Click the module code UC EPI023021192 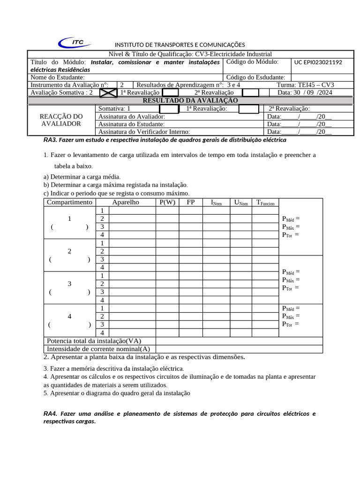pyautogui.click(x=318, y=62)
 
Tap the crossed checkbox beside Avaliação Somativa pyautogui.click(x=108, y=92)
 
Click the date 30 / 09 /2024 pyautogui.click(x=305, y=93)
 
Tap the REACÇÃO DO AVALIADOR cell pyautogui.click(x=61, y=120)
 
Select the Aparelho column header pyautogui.click(x=126, y=202)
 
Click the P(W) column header pyautogui.click(x=167, y=202)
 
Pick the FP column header pyautogui.click(x=191, y=202)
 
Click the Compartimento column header pyautogui.click(x=69, y=202)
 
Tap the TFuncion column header pyautogui.click(x=265, y=202)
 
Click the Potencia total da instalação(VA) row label pyautogui.click(x=94, y=341)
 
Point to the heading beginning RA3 pyautogui.click(x=165, y=140)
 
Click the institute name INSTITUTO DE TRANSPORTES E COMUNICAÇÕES pyautogui.click(x=180, y=45)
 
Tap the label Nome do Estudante pyautogui.click(x=58, y=77)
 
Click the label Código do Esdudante pyautogui.click(x=255, y=77)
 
